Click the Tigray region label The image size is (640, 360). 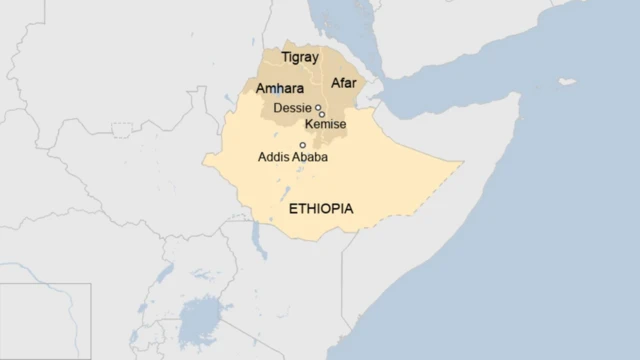click(301, 57)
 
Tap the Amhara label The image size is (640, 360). click(280, 89)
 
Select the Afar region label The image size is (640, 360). click(343, 83)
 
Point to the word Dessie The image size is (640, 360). click(292, 107)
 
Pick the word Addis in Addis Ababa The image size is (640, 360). click(273, 157)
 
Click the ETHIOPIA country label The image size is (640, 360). click(320, 210)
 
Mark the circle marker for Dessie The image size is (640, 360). click(318, 107)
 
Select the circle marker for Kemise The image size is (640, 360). click(322, 114)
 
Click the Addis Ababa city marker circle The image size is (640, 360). click(303, 145)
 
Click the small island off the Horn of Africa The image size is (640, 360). click(567, 80)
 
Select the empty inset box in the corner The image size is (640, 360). click(45, 320)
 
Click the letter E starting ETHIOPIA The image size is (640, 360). click(292, 210)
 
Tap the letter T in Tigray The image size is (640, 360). click(285, 57)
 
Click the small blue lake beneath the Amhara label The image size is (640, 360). click(279, 92)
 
